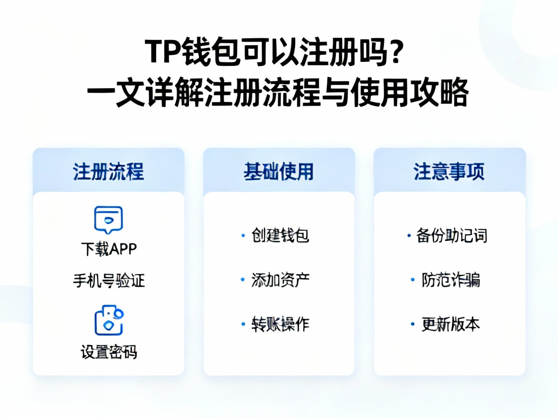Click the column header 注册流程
(108, 172)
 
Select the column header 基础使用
(279, 172)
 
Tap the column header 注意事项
(449, 172)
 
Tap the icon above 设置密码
(108, 320)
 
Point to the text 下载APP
(108, 249)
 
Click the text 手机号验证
(108, 281)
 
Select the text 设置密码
(108, 352)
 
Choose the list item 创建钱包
(280, 236)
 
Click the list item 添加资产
(280, 280)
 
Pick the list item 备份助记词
(451, 236)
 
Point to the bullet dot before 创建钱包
(243, 236)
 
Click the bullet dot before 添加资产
(243, 280)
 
